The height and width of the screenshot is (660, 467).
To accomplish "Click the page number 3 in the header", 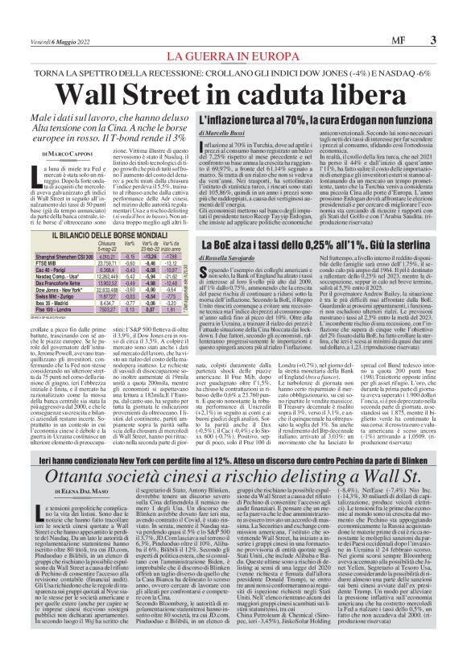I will [434, 39].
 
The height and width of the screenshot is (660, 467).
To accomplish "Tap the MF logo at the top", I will [393, 39].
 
